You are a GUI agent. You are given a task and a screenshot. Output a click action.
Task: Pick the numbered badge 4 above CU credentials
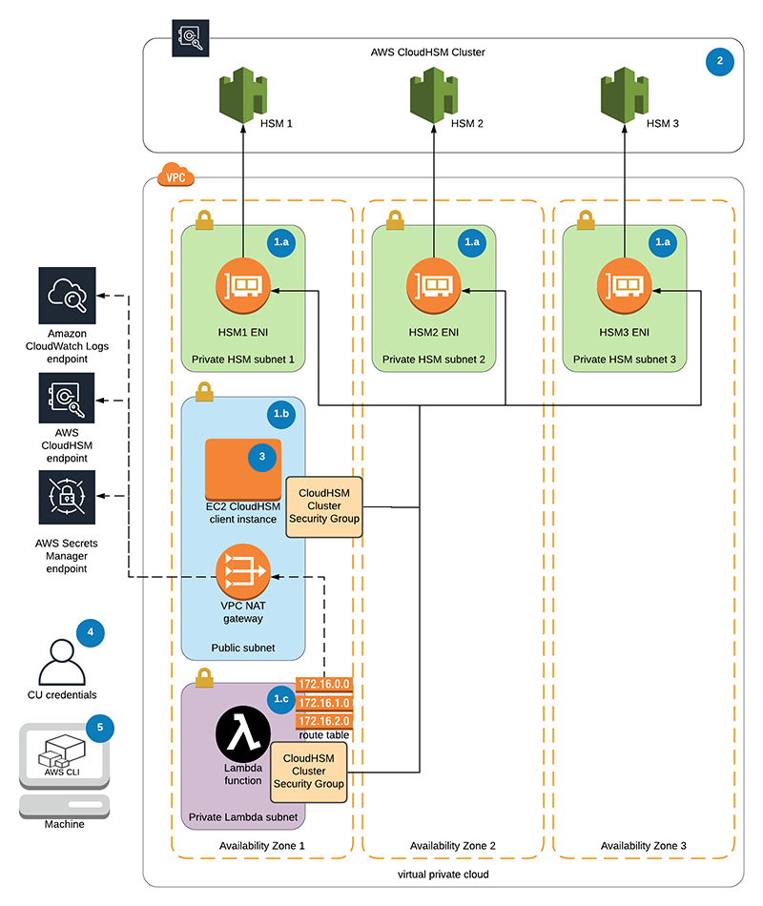pyautogui.click(x=90, y=631)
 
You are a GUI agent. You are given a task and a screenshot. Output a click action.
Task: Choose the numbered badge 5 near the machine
pyautogui.click(x=99, y=728)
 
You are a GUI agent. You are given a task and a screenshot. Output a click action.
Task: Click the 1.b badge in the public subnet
pyautogui.click(x=281, y=414)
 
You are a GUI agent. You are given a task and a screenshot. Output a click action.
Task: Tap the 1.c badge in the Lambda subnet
pyautogui.click(x=281, y=699)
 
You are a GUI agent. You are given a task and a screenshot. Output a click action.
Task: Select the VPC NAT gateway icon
pyautogui.click(x=242, y=572)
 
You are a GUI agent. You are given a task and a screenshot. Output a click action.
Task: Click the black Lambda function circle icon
pyautogui.click(x=242, y=735)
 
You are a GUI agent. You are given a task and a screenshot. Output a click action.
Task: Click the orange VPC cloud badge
pyautogui.click(x=175, y=175)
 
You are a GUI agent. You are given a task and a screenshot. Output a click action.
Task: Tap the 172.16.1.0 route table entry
pyautogui.click(x=325, y=703)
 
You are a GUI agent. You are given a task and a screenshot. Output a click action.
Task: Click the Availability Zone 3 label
pyautogui.click(x=643, y=846)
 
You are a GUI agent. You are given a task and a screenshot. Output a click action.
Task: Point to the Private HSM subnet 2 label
pyautogui.click(x=434, y=360)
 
